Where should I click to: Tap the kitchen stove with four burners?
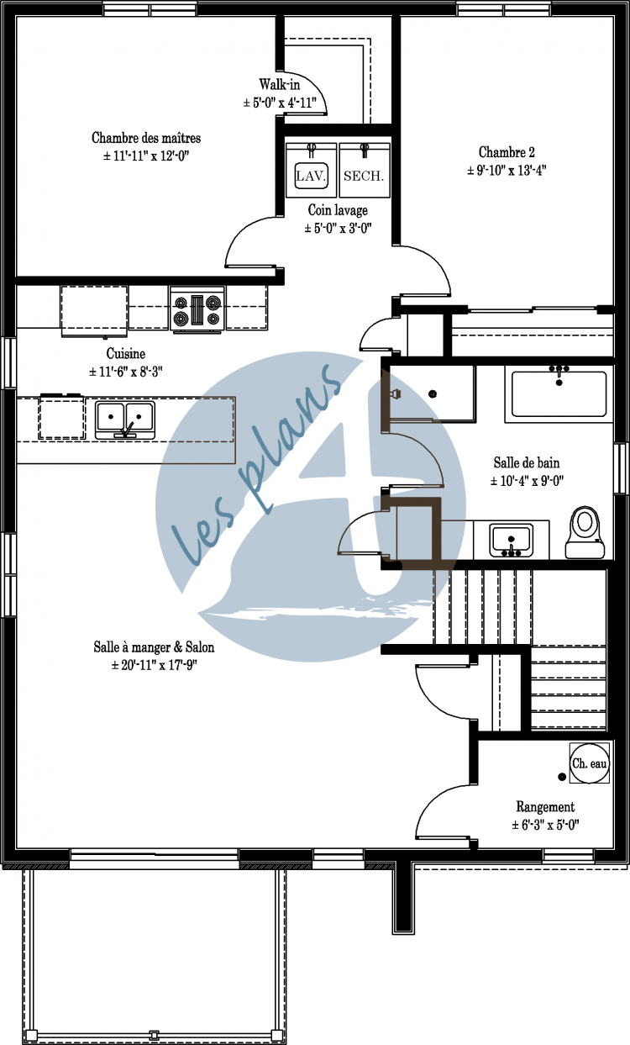197,309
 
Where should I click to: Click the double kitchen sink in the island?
125,419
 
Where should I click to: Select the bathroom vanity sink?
511,539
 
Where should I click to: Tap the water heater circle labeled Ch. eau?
589,764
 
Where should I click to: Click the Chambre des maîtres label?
146,138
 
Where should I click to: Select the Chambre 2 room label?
507,152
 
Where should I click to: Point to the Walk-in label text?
278,85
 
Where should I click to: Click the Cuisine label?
126,354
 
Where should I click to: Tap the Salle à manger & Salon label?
154,647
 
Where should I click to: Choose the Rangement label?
545,806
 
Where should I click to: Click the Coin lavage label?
338,210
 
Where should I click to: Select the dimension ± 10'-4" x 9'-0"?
526,481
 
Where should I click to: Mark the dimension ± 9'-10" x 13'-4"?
507,170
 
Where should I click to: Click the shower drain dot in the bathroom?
433,393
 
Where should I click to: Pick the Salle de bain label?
526,462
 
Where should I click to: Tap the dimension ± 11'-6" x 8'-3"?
126,371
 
